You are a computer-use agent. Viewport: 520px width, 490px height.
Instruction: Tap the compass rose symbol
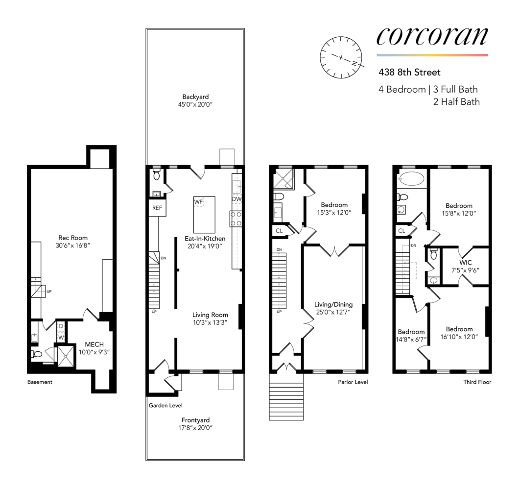pyautogui.click(x=341, y=57)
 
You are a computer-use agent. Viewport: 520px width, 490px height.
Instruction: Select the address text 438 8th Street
pyautogui.click(x=409, y=73)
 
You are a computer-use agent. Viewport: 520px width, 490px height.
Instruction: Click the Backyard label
pyautogui.click(x=195, y=97)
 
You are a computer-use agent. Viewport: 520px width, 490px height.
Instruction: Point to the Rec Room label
pyautogui.click(x=73, y=238)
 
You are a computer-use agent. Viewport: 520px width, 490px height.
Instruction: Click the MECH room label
pyautogui.click(x=94, y=344)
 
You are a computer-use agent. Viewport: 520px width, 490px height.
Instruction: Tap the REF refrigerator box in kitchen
pyautogui.click(x=157, y=208)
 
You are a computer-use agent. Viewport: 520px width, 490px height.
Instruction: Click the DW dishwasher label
pyautogui.click(x=236, y=199)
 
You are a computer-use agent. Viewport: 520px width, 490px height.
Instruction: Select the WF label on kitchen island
pyautogui.click(x=198, y=202)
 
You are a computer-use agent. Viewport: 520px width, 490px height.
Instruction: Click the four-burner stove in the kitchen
pyautogui.click(x=236, y=219)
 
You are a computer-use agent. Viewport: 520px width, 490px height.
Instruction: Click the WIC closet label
pyautogui.click(x=466, y=263)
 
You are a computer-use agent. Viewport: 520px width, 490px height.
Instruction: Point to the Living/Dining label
pyautogui.click(x=333, y=304)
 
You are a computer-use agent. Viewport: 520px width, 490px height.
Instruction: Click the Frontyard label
pyautogui.click(x=195, y=420)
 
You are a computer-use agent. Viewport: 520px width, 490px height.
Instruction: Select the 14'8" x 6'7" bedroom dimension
pyautogui.click(x=411, y=339)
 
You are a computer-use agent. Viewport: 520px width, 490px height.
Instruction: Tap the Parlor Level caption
pyautogui.click(x=353, y=382)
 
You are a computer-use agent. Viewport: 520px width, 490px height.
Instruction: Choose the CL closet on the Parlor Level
pyautogui.click(x=279, y=231)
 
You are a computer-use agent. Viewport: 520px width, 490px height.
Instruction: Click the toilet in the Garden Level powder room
pyautogui.click(x=157, y=174)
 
